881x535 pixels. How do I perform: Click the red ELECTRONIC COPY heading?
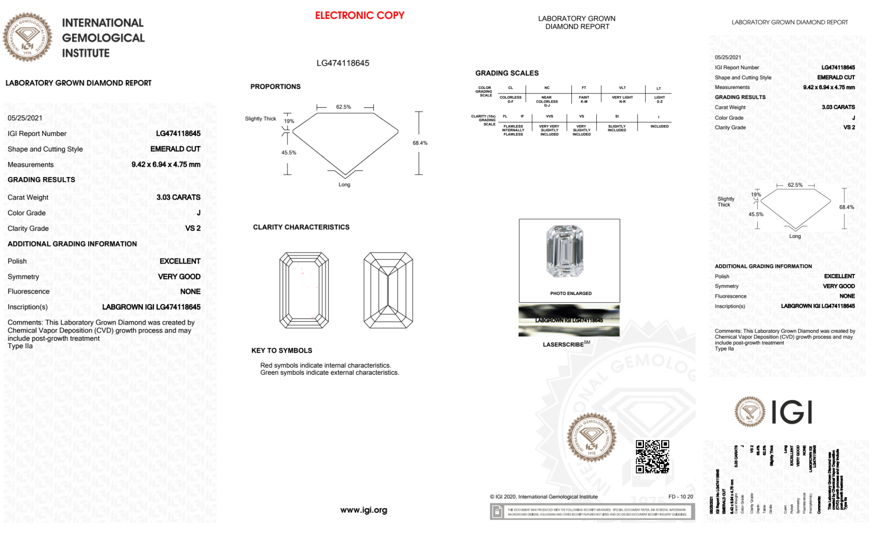point(359,15)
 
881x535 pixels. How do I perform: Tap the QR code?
point(652,457)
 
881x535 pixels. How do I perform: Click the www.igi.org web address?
point(364,510)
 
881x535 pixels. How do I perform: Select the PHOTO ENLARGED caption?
point(571,293)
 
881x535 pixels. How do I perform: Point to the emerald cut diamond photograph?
point(565,251)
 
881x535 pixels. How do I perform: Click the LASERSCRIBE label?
point(563,344)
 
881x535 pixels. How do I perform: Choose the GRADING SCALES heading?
point(507,73)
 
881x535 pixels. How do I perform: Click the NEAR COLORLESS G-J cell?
point(547,101)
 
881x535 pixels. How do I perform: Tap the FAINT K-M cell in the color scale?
point(584,100)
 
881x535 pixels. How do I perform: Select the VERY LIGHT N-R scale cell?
point(622,100)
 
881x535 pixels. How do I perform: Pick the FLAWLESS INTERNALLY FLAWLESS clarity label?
point(513,130)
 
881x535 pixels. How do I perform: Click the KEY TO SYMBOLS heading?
point(282,351)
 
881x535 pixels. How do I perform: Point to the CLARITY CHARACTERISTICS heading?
point(301,227)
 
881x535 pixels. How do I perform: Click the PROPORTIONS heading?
point(276,87)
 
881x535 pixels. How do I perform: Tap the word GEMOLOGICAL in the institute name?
point(103,38)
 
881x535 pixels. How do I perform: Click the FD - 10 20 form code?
point(680,497)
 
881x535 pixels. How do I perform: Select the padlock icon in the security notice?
point(497,512)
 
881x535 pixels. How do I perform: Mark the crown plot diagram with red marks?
point(304,290)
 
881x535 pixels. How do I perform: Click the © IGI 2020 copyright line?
point(544,497)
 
